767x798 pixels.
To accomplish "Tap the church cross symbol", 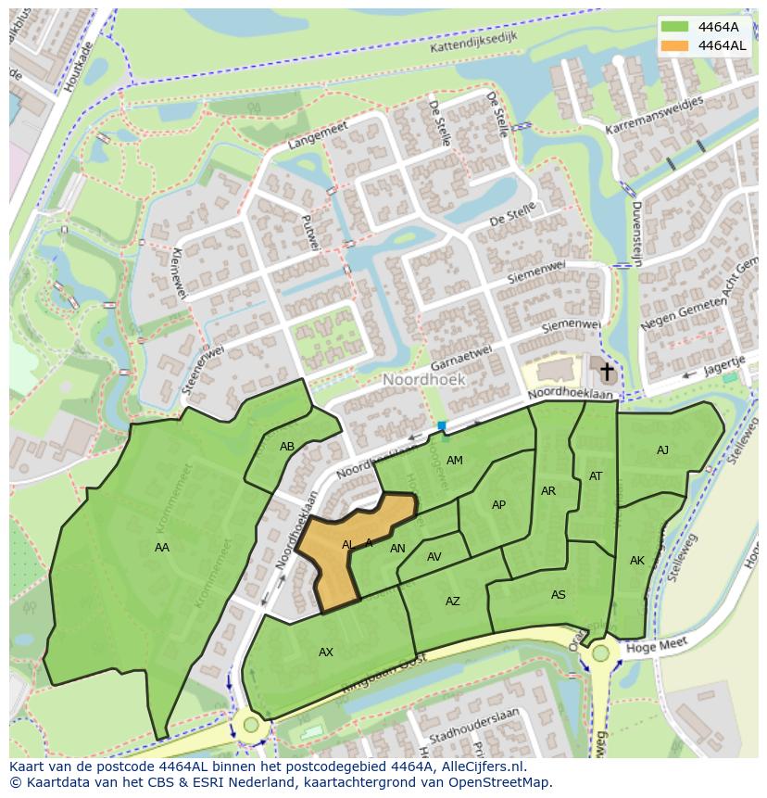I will pos(607,373).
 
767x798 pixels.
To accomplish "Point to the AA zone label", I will pos(162,548).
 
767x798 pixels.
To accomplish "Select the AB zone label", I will pos(287,447).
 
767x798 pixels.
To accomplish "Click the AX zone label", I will pos(326,652).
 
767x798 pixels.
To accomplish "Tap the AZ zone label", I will pos(453,602).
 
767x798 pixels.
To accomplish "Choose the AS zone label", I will pos(559,595).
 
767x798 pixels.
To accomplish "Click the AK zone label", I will pos(637,561).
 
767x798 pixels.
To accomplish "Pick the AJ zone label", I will pos(662,450).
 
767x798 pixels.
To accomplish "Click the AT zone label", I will pos(596,476).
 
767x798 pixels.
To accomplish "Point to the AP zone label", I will pos(498,505).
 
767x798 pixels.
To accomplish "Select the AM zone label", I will pos(454,461).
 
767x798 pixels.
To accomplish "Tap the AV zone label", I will pos(434,557).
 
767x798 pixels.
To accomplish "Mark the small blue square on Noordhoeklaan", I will pos(442,426).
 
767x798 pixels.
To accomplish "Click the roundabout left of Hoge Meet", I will pos(600,653).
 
